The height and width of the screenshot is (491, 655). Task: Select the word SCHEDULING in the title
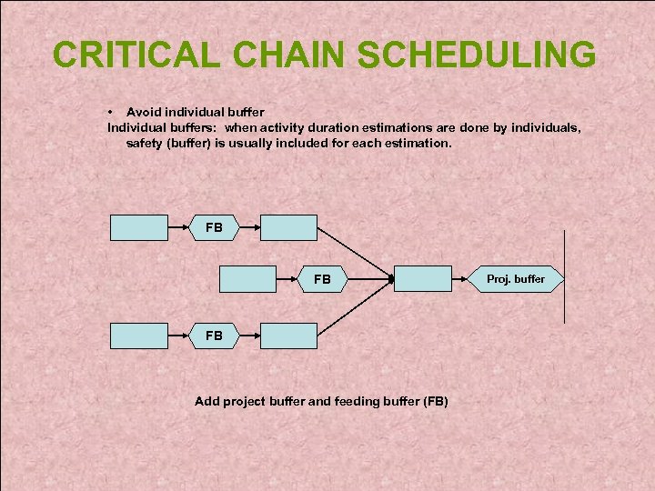click(477, 55)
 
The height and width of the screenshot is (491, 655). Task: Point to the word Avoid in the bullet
click(144, 112)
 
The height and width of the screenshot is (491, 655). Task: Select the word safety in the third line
click(146, 144)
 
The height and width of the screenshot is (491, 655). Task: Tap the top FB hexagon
click(214, 227)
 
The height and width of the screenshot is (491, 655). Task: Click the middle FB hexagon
click(323, 279)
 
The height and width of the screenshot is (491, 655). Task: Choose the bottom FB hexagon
click(214, 336)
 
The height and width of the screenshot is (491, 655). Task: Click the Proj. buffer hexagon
click(516, 279)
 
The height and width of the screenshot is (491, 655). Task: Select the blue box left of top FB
click(139, 227)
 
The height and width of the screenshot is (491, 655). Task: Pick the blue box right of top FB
click(289, 227)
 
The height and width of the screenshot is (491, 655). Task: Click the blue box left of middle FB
click(248, 279)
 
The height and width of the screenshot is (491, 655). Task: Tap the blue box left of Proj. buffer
click(423, 279)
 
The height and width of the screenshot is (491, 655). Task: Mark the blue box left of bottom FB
click(139, 336)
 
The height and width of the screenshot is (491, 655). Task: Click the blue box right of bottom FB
click(289, 336)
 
